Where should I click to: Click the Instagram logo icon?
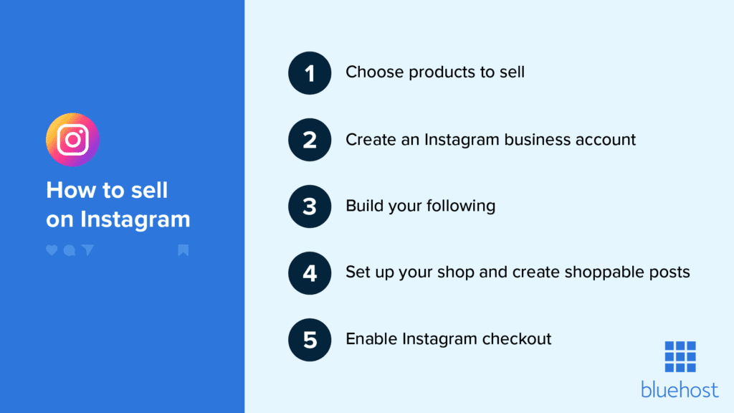72,140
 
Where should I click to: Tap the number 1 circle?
310,72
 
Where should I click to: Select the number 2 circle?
310,139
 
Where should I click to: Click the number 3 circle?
310,206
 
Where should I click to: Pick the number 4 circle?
310,272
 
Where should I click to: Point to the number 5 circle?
310,339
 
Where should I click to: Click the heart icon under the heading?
52,250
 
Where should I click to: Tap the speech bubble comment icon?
69,250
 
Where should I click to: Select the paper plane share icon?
87,250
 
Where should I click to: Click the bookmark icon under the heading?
183,250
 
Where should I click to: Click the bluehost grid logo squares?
680,356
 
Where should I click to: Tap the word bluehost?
679,389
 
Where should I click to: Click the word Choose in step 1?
369,72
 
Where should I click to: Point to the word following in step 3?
461,206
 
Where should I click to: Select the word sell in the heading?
150,190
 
